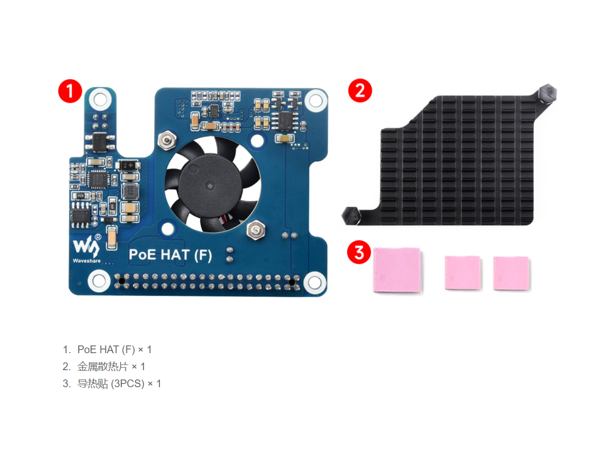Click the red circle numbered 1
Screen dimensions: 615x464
coord(70,91)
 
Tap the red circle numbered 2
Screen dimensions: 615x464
coord(360,91)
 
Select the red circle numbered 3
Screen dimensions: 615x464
coord(359,252)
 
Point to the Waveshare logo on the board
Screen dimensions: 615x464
coord(87,248)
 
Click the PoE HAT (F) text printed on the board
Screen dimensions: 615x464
coord(170,255)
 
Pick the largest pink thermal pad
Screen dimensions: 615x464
coord(397,270)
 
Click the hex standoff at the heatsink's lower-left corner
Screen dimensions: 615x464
coord(351,216)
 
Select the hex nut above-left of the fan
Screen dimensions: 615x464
coord(167,140)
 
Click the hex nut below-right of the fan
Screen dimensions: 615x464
coord(256,229)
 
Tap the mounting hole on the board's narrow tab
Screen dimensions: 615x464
coord(100,99)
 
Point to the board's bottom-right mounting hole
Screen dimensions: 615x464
coord(315,282)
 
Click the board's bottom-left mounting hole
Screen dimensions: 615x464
coord(99,281)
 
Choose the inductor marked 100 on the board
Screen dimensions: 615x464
coord(130,192)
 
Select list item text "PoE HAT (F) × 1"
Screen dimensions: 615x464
coord(114,350)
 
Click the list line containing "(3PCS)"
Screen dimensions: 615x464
coord(112,384)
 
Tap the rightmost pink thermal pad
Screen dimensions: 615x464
coord(511,274)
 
